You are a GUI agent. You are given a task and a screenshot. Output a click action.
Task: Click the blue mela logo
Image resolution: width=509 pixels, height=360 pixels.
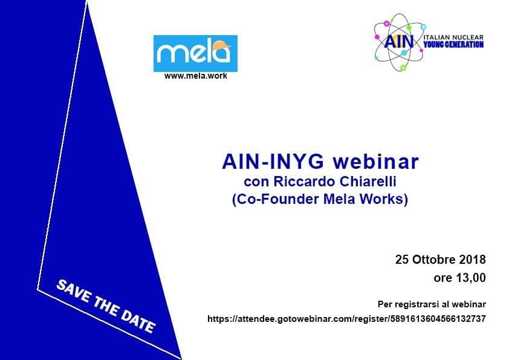[195, 53]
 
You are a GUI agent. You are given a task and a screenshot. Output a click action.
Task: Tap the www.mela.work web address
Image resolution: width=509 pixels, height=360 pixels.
[196, 76]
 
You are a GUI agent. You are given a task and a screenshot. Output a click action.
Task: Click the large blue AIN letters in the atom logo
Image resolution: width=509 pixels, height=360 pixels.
[399, 41]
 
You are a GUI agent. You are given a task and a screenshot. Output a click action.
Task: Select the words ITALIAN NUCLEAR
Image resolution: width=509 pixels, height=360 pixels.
[453, 38]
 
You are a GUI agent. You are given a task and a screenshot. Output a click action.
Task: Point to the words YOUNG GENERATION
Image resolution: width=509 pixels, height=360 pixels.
[453, 45]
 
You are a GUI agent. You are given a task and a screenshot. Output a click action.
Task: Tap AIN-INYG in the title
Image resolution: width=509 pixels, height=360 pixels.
[273, 162]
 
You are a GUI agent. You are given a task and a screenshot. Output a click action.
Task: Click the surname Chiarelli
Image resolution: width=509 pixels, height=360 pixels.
[363, 182]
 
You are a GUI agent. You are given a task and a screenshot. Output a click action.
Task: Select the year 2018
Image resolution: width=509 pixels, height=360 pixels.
[472, 260]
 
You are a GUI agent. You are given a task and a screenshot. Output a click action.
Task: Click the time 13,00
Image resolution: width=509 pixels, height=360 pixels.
[471, 278]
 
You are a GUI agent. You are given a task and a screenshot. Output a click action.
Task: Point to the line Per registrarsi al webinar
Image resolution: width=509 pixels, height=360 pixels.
[432, 304]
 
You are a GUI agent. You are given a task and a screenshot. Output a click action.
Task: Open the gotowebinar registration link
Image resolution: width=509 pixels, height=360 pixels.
[347, 319]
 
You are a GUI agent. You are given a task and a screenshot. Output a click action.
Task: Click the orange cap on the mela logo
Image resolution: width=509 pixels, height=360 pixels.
[222, 45]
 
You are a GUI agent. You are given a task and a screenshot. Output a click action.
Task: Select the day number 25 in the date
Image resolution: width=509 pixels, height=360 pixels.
[402, 260]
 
